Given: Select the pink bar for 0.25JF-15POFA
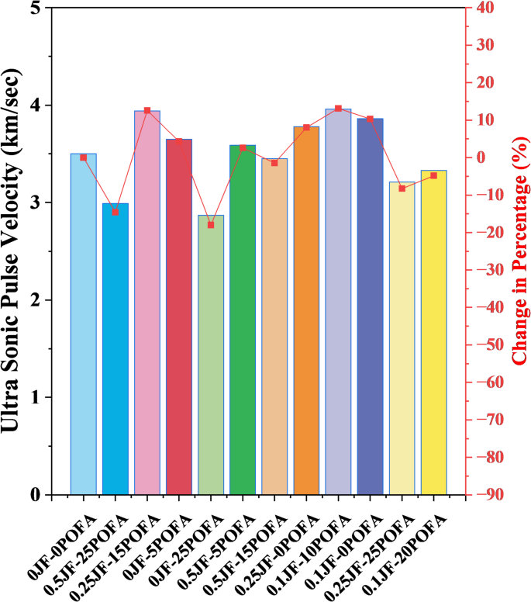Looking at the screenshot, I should [147, 303].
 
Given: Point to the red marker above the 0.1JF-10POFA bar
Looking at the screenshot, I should [338, 109].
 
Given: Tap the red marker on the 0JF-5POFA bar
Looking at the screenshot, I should [179, 141].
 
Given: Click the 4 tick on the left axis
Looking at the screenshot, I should [36, 106].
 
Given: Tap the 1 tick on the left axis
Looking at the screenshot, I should [36, 397].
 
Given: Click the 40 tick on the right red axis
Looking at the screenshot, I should [484, 8].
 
